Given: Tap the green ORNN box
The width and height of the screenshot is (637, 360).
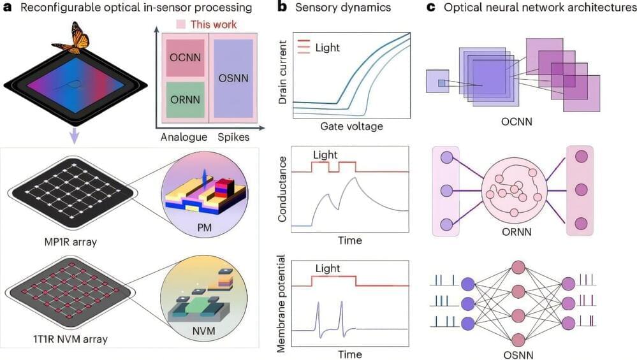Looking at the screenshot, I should (x=186, y=99).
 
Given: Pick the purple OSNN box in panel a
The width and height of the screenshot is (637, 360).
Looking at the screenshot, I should (x=233, y=78).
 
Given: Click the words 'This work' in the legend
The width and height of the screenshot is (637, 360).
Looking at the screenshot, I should (x=216, y=25).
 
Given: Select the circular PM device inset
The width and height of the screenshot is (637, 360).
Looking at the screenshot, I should (x=200, y=185).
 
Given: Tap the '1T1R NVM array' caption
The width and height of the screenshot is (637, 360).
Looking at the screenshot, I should (x=67, y=340).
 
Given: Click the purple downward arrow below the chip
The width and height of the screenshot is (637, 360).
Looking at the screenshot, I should (x=75, y=134).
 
